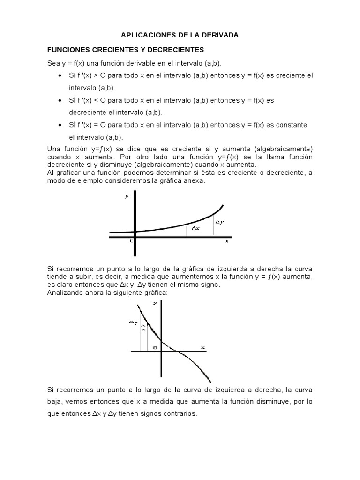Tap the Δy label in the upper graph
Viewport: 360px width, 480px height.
[x=219, y=222]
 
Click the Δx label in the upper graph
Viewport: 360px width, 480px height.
[x=196, y=229]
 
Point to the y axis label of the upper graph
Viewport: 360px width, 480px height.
[x=127, y=196]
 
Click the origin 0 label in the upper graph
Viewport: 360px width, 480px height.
[x=132, y=240]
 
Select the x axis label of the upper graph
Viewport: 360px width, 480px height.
[x=226, y=241]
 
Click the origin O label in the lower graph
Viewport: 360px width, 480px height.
[x=155, y=347]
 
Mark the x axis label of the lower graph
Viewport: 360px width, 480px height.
[x=203, y=347]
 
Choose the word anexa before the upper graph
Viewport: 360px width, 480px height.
[x=195, y=181]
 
